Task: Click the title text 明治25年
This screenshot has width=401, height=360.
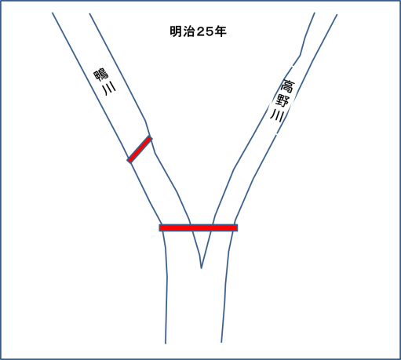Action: coord(198,31)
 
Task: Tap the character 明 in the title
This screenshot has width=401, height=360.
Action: coord(176,31)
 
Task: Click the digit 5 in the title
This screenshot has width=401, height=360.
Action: coord(210,32)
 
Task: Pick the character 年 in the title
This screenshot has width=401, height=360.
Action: coord(221,31)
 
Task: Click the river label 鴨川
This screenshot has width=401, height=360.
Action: coord(105,82)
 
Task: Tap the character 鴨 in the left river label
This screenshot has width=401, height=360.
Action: coord(101,75)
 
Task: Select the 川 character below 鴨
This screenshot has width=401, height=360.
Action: coord(109,89)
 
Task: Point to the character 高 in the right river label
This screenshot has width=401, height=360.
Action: coord(287,86)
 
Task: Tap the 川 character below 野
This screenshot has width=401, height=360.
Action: coord(277,116)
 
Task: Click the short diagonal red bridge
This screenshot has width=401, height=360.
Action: coord(140,149)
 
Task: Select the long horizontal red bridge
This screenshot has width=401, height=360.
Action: coord(199,227)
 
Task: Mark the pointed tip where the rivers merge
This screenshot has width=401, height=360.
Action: coord(201,268)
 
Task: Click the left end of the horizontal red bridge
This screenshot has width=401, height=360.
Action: coord(160,227)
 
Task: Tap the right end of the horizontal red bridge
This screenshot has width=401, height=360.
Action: coord(237,227)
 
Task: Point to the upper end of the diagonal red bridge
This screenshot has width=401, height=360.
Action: coord(151,138)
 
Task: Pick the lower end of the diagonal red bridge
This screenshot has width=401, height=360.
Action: coord(129,161)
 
